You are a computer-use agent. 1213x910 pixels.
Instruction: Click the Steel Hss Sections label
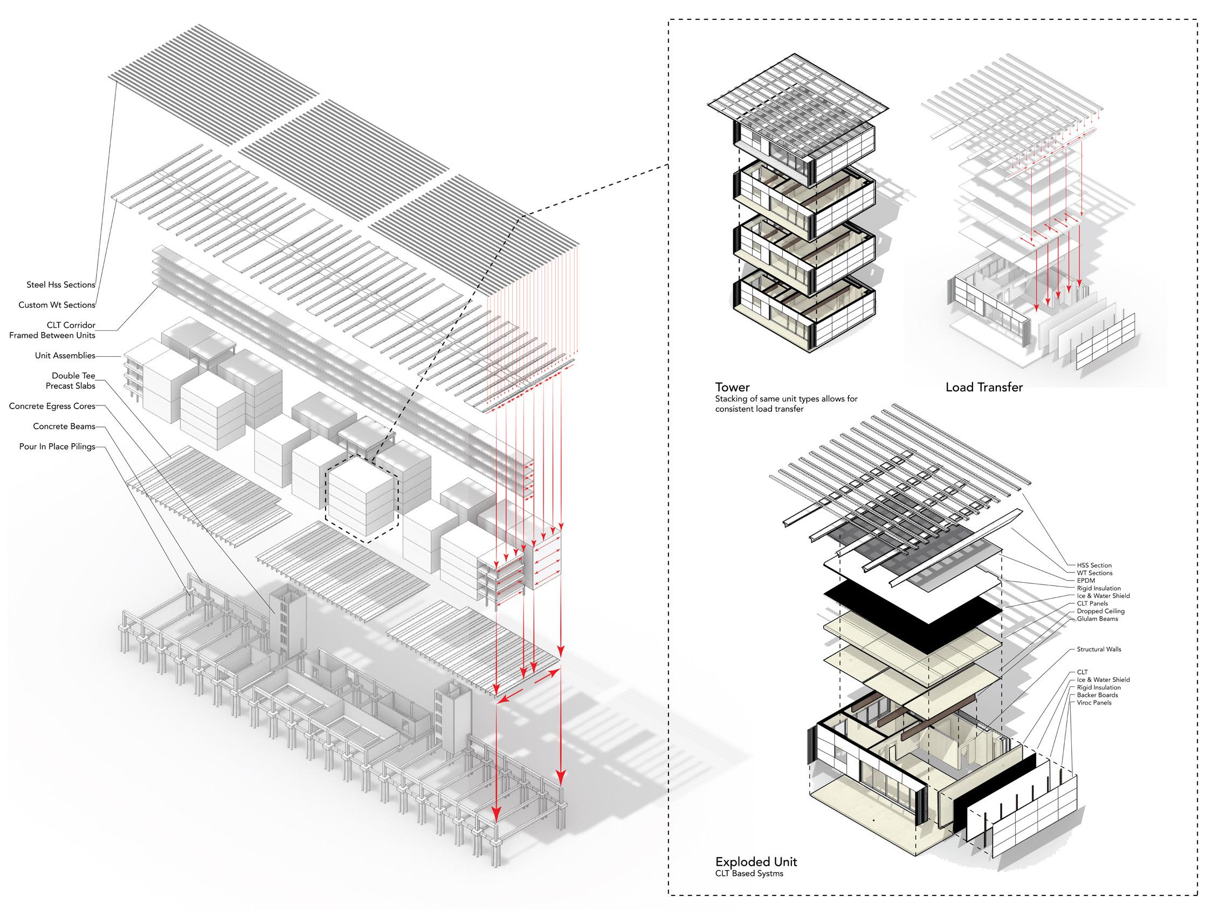coord(60,285)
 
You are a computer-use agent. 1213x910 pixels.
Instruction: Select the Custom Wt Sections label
coord(57,305)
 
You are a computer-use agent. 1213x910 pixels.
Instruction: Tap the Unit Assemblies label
coord(65,355)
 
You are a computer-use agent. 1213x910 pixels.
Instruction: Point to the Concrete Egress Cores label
coord(52,406)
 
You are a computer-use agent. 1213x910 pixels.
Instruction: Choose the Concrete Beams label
coord(64,426)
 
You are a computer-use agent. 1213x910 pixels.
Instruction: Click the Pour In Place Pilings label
coord(57,446)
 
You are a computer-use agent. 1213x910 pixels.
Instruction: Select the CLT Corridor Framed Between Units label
coord(52,330)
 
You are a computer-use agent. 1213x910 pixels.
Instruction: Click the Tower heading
coord(732,387)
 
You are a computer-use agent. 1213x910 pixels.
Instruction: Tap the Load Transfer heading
coord(984,387)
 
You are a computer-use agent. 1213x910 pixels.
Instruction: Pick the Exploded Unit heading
coord(756,861)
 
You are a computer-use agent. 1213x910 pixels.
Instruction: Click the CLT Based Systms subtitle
coord(749,873)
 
